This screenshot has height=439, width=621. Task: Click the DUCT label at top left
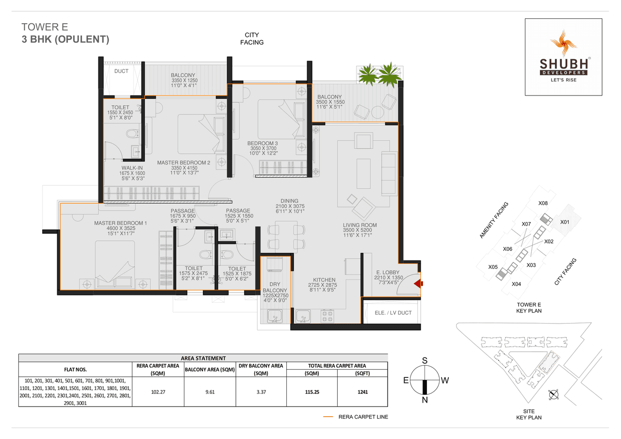point(121,71)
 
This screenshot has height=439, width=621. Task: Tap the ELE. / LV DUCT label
point(393,313)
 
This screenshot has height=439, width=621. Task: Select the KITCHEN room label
point(324,280)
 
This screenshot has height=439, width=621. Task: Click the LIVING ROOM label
point(360,225)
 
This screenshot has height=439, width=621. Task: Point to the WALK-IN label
point(132,168)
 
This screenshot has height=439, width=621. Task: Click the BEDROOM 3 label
point(262,143)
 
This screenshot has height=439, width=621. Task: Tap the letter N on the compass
point(425,400)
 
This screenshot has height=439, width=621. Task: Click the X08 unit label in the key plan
point(543,203)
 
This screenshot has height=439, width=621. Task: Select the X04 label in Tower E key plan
point(516,284)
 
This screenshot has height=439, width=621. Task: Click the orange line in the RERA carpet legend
point(328,417)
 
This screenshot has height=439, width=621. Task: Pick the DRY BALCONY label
point(275,288)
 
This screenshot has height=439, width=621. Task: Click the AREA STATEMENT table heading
point(203,358)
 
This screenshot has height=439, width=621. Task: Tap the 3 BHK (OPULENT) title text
point(65,40)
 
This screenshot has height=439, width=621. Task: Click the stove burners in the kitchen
point(327,316)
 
